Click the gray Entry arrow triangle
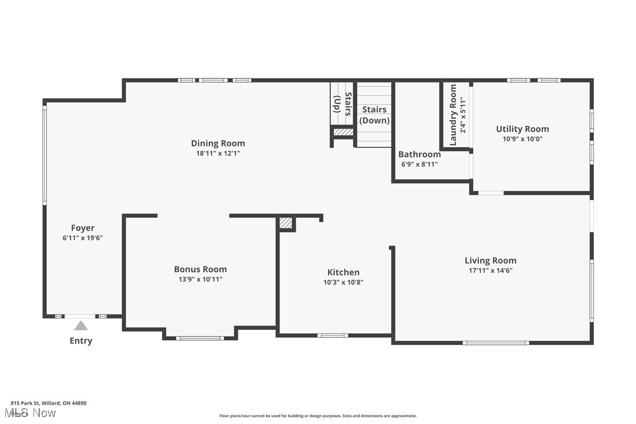pos(81,326)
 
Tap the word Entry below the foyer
pos(81,341)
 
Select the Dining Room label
pos(218,143)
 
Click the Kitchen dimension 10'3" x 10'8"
pos(343,282)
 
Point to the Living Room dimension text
pos(490,271)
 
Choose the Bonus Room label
pos(200,269)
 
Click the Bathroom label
pos(419,155)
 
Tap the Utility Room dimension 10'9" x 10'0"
pos(522,139)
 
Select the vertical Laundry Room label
pos(453,115)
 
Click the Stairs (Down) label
pos(374,115)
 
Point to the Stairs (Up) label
pos(343,104)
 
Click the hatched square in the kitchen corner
pos(285,223)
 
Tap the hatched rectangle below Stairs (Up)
pos(343,132)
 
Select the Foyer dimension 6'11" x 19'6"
pos(83,238)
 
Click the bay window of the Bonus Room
pos(200,338)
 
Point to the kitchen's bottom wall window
pos(333,336)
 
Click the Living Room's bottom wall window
pos(495,343)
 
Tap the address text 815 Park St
pos(49,403)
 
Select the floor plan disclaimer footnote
pos(318,416)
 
